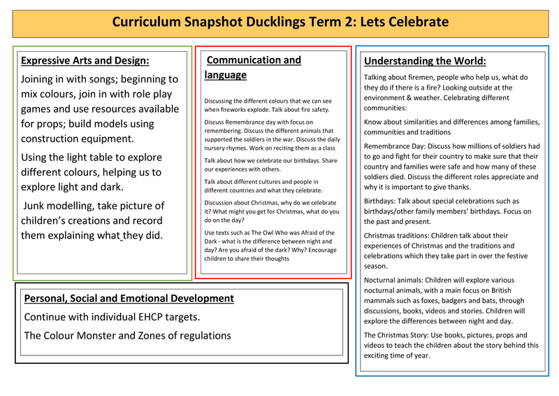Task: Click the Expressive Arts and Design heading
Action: pyautogui.click(x=85, y=60)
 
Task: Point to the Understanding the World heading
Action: pyautogui.click(x=425, y=61)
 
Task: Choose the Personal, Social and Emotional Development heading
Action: pyautogui.click(x=129, y=298)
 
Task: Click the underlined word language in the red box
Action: pyautogui.click(x=226, y=75)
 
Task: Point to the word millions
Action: pyautogui.click(x=483, y=146)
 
